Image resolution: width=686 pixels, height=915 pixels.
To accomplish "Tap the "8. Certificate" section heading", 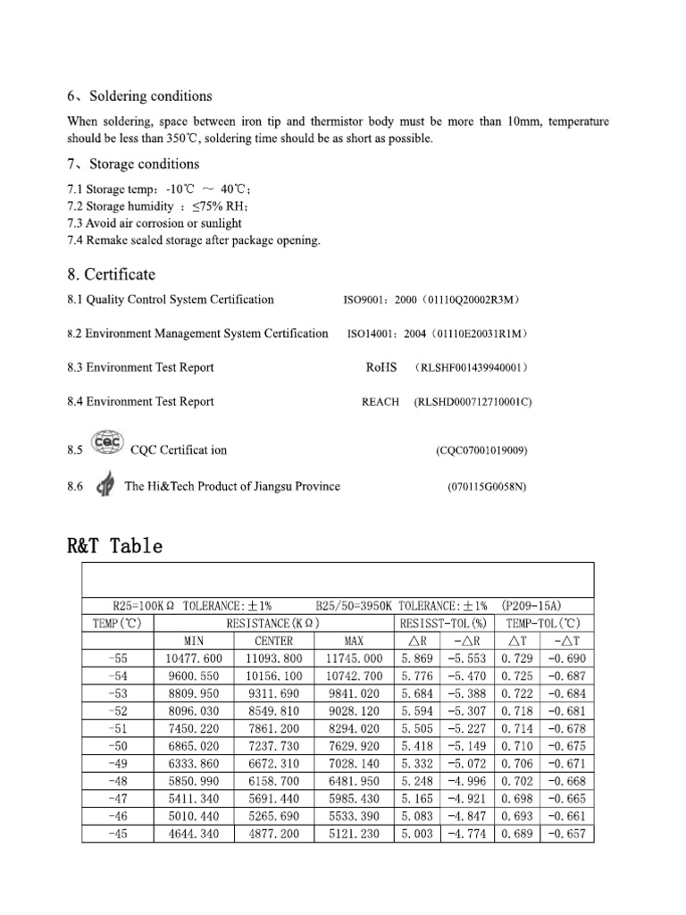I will [x=111, y=273].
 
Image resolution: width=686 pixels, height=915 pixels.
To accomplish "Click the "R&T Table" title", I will [x=114, y=545].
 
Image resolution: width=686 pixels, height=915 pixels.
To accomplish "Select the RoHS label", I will [x=381, y=367].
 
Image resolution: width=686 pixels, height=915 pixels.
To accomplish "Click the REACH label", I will [x=381, y=402].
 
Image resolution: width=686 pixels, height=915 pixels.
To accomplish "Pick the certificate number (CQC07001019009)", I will [x=481, y=450].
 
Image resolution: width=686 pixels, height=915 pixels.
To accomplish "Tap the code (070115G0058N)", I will [x=487, y=487].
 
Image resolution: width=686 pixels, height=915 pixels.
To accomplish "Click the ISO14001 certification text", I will [x=439, y=334].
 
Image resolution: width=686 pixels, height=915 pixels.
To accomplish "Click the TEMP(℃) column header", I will [x=118, y=623].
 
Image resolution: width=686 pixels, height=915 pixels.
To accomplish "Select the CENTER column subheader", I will [x=274, y=641].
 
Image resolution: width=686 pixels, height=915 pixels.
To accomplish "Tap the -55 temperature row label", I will [x=118, y=658].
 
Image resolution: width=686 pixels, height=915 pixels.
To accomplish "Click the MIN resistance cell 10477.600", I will [x=193, y=658].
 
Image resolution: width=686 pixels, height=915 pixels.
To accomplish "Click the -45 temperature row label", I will [x=118, y=833].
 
